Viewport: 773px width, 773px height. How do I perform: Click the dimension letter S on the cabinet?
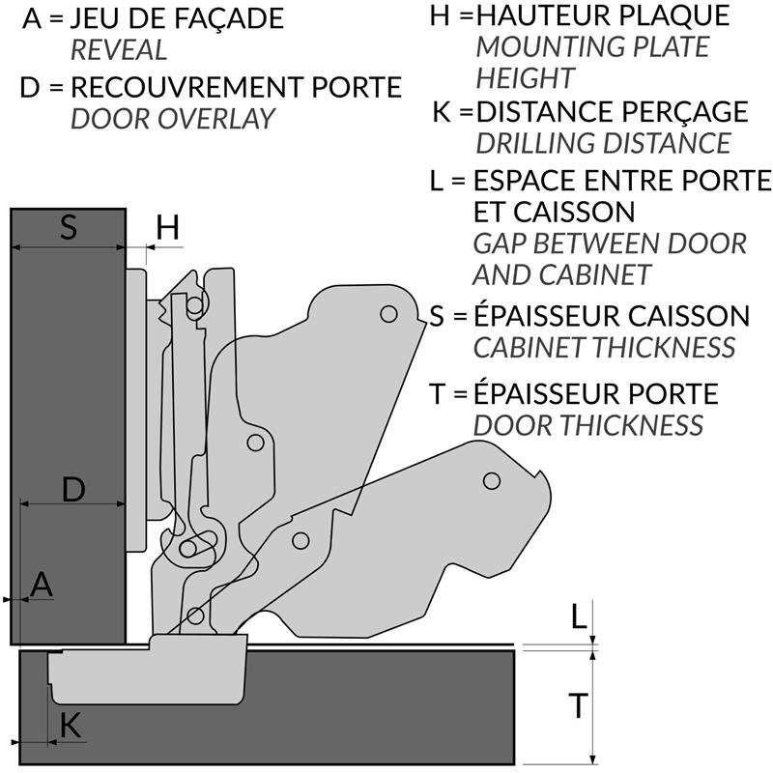click(x=68, y=228)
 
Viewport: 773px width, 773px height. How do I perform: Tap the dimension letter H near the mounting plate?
click(x=167, y=228)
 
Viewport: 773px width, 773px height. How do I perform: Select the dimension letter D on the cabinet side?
click(x=73, y=489)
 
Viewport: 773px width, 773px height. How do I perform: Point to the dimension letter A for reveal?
click(x=42, y=583)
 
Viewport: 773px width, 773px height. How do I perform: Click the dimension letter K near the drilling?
click(x=71, y=726)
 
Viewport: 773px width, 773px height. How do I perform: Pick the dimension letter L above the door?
click(x=578, y=616)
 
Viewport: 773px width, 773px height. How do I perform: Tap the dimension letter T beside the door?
click(x=578, y=706)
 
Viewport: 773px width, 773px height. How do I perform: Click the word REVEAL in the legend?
click(x=119, y=50)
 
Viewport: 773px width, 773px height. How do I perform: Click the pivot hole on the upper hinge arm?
click(x=388, y=314)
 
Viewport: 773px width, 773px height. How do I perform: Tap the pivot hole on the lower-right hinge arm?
click(x=491, y=480)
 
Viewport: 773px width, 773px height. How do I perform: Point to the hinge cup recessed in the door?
click(x=145, y=672)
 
